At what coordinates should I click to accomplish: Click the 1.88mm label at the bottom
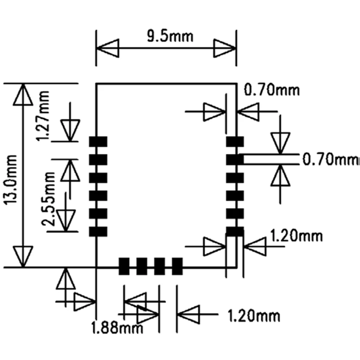[117, 327]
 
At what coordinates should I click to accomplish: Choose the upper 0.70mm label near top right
[272, 90]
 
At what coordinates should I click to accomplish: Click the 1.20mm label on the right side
[296, 236]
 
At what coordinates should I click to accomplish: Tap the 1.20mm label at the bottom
[253, 316]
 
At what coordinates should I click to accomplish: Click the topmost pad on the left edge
[98, 142]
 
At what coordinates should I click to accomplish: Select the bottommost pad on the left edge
[98, 231]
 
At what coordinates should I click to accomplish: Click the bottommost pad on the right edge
[235, 231]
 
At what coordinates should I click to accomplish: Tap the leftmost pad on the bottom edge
[124, 266]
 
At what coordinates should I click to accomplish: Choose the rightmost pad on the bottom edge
[177, 266]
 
